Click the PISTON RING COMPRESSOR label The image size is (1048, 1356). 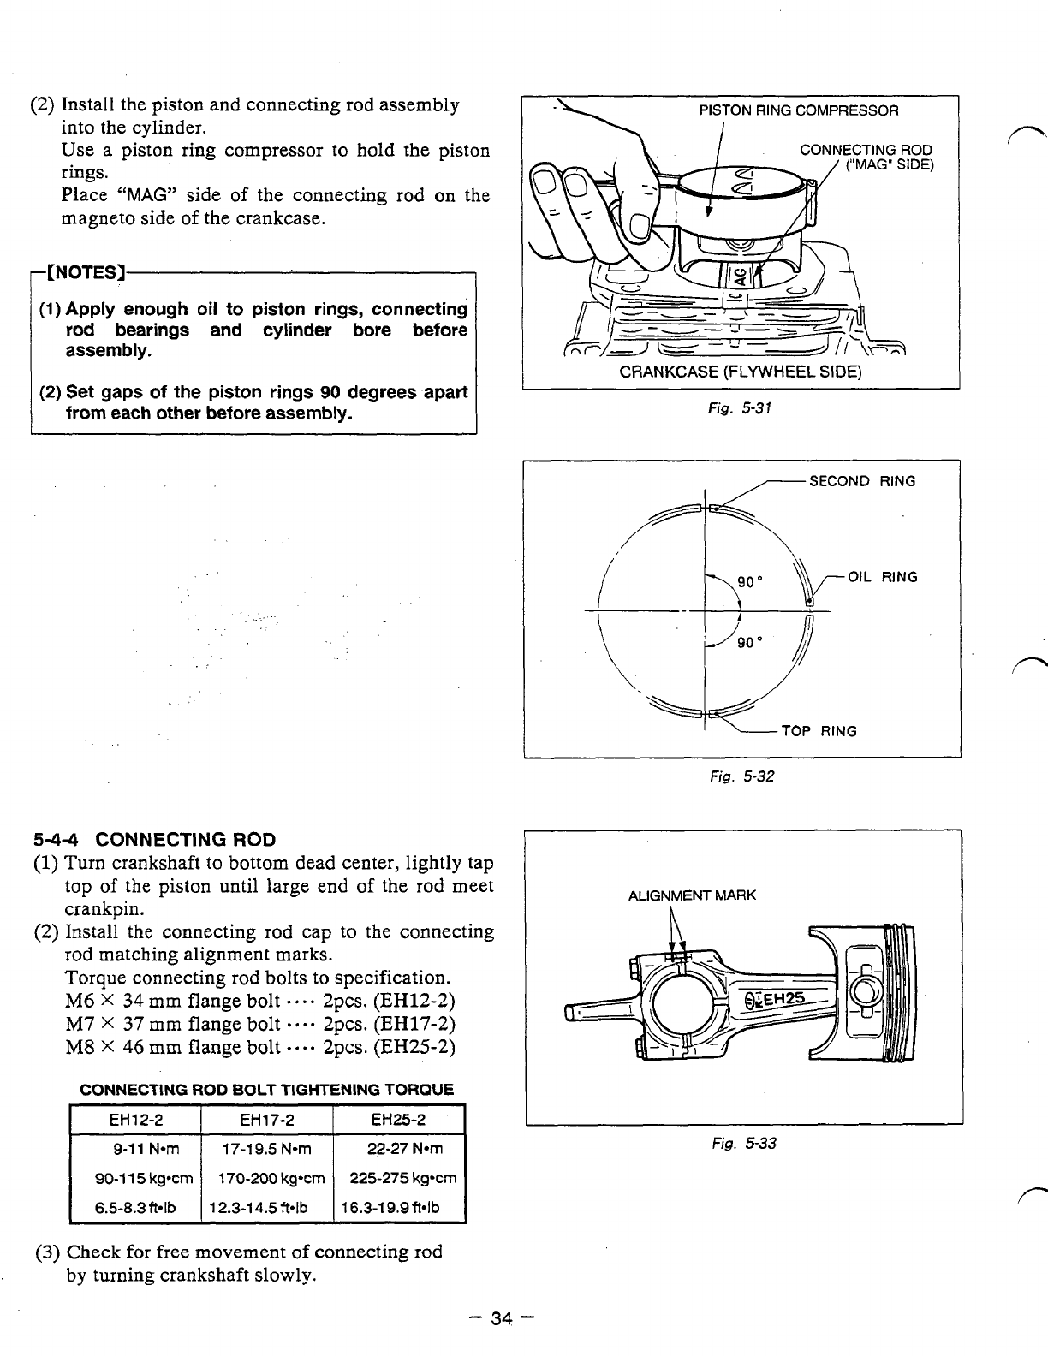tap(799, 110)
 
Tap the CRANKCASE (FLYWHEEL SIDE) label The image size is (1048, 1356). tap(740, 372)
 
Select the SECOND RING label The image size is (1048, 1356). tap(861, 481)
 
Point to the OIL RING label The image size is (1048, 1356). tap(882, 577)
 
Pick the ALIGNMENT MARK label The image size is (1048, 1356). tap(692, 895)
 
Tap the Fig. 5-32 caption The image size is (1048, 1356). tap(741, 777)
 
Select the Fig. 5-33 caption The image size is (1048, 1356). tap(743, 1143)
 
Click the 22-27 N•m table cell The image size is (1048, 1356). tap(398, 1149)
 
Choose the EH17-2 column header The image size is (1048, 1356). tap(266, 1121)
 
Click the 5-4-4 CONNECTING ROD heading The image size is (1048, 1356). tap(154, 838)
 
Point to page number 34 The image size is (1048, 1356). tap(501, 1319)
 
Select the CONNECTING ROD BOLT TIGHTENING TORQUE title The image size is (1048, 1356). tap(266, 1091)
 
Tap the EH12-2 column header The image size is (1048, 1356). tap(135, 1121)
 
